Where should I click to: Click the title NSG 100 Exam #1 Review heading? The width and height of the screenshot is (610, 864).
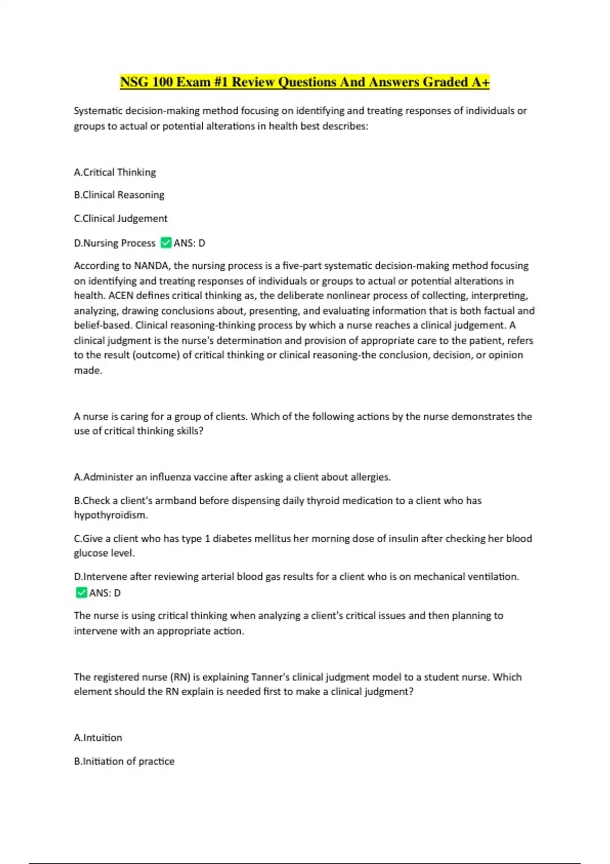coord(304,82)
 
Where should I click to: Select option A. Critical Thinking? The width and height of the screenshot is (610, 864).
coord(115,172)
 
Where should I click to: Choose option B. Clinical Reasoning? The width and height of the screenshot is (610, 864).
coord(119,195)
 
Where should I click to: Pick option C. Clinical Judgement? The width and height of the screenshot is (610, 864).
coord(120,219)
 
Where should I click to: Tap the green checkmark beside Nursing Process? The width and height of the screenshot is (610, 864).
coord(166,243)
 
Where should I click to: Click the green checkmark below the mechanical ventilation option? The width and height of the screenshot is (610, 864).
coord(81,593)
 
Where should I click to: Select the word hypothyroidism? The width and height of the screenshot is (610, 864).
coord(111,515)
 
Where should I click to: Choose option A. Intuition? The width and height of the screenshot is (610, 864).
coord(98,738)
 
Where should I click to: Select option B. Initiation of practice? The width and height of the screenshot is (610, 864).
coord(124,761)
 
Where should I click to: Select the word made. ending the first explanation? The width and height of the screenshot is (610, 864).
coord(88,371)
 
